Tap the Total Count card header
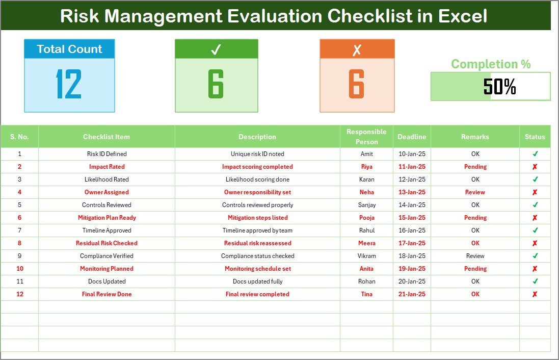click(69, 49)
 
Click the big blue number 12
click(69, 85)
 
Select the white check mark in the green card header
click(216, 49)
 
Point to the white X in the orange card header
click(357, 49)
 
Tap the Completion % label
click(491, 64)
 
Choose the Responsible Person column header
click(366, 137)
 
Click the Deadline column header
click(412, 137)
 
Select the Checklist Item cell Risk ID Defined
click(107, 153)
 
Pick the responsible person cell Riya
click(366, 167)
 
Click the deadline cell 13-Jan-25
click(412, 192)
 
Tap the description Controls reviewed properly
click(257, 205)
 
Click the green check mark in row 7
click(535, 230)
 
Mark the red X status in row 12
click(535, 294)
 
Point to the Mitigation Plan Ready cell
click(107, 218)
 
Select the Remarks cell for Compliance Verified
click(475, 256)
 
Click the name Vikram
click(366, 256)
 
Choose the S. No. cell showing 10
click(19, 269)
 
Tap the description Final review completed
click(257, 294)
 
